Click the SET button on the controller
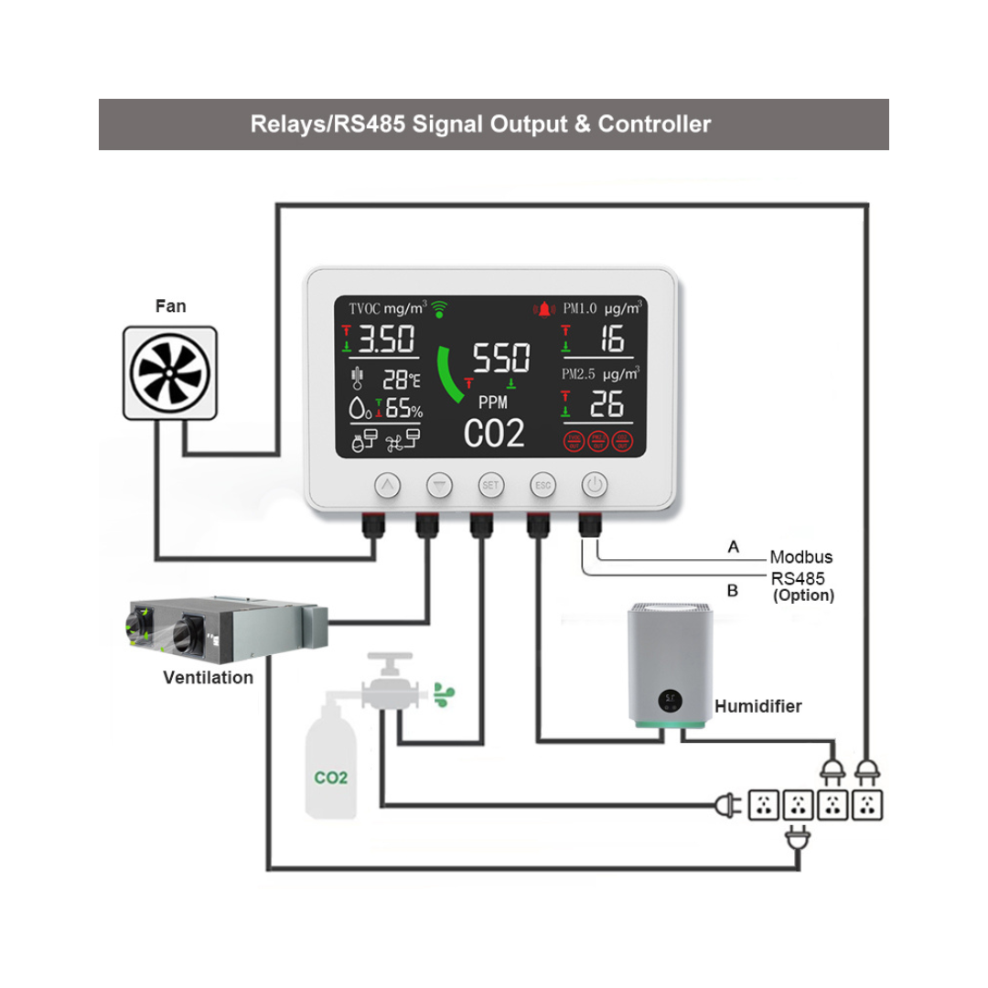click(x=489, y=485)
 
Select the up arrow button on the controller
click(x=388, y=485)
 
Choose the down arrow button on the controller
click(x=440, y=485)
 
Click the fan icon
click(x=171, y=372)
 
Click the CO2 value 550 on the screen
click(x=499, y=358)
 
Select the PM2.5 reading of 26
click(x=605, y=403)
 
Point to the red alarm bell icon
click(x=546, y=308)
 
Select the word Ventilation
click(x=208, y=678)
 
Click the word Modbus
click(x=800, y=557)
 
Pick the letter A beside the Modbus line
click(x=732, y=547)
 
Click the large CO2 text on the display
click(x=494, y=433)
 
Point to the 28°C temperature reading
click(x=402, y=378)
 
